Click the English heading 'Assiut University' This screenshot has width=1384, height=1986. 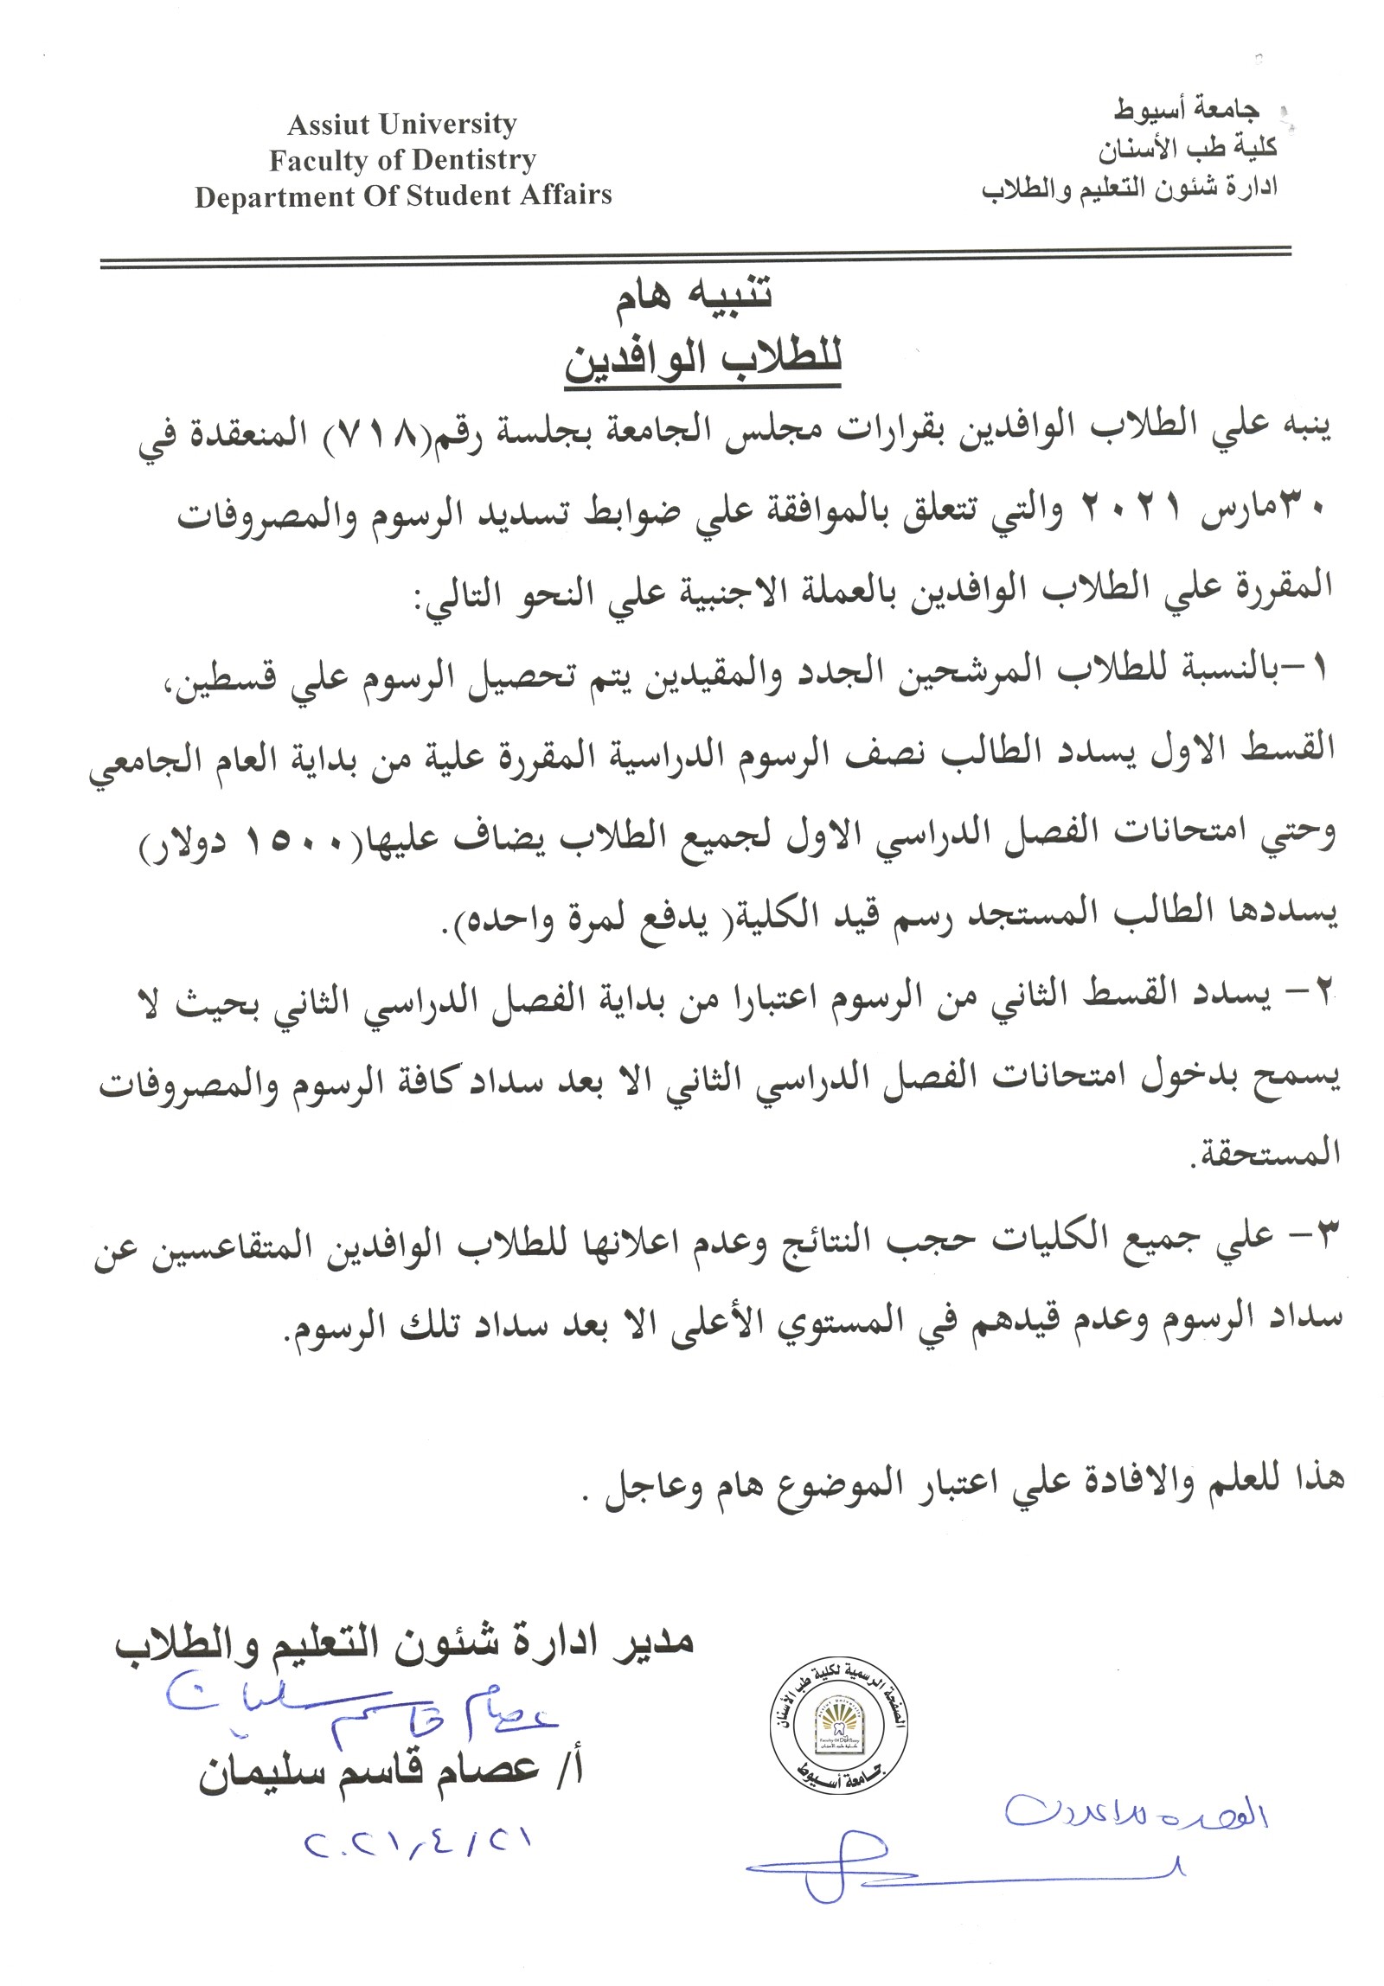(402, 125)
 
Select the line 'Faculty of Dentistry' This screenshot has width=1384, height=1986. (402, 160)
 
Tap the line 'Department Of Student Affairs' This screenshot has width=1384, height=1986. (403, 195)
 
